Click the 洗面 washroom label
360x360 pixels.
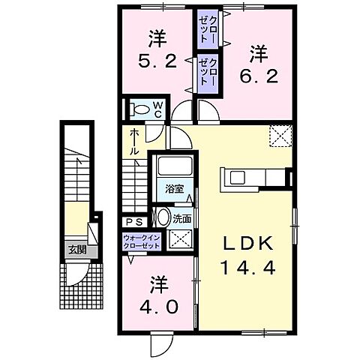pos(181,220)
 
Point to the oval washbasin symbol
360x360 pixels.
pos(163,219)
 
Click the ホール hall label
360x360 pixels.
pos(133,142)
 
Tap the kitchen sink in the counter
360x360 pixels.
pos(237,178)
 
